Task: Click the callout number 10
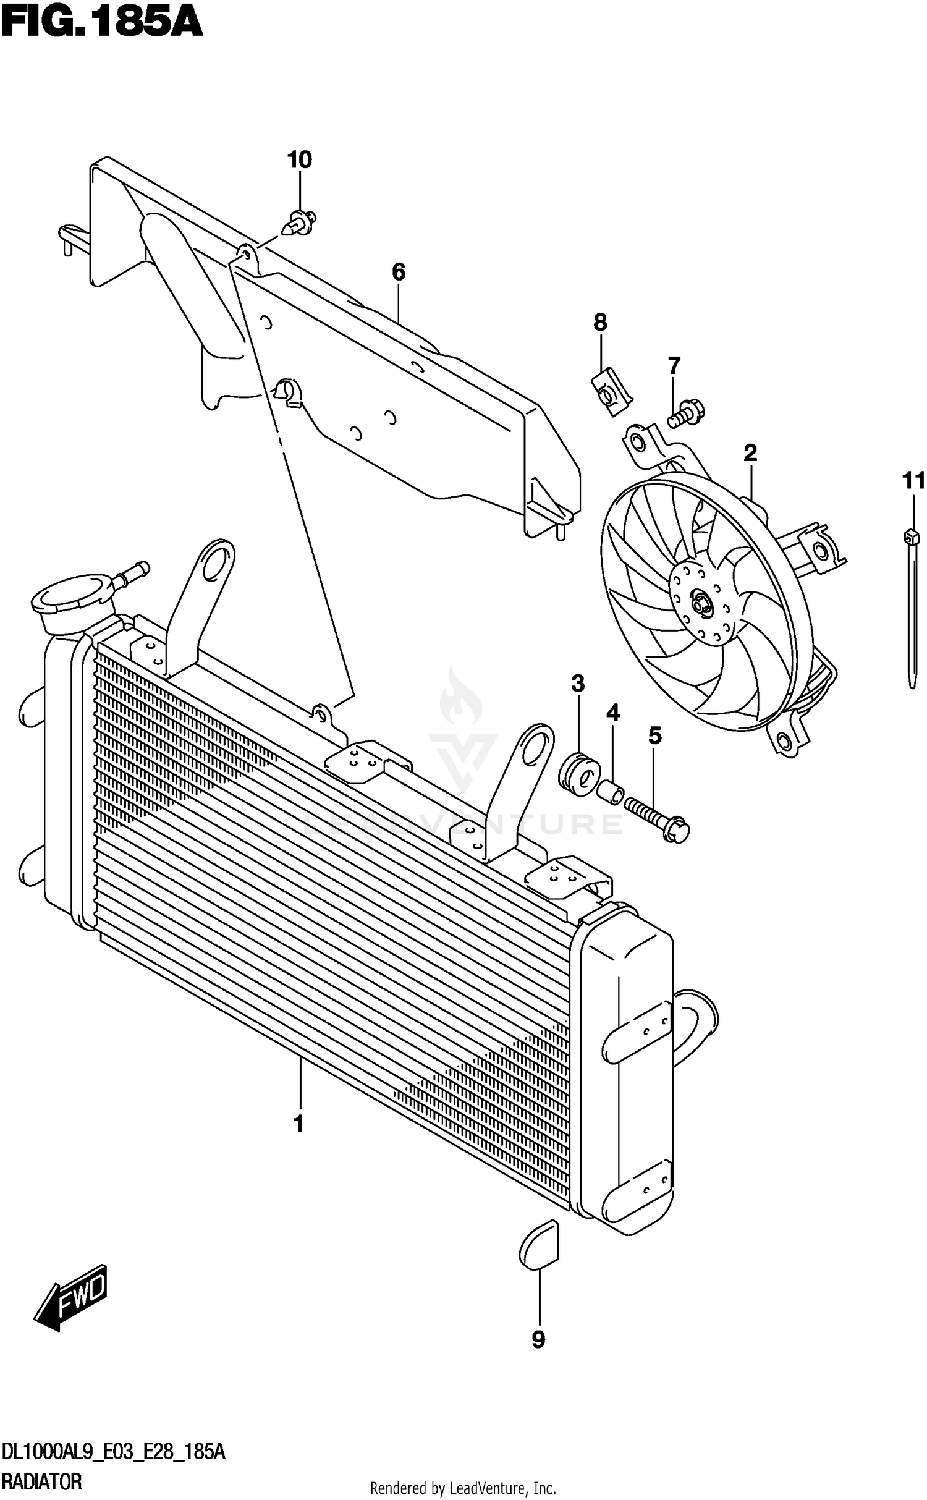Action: click(300, 160)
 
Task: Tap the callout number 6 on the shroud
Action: click(399, 271)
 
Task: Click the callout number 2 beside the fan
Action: click(750, 453)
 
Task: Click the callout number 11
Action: click(913, 480)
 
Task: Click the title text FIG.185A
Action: click(102, 23)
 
